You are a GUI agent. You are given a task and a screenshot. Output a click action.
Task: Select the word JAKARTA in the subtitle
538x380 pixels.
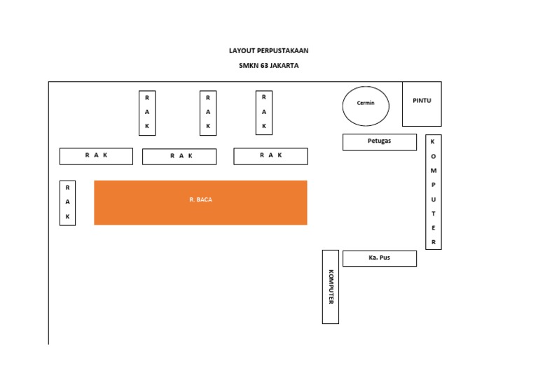284,66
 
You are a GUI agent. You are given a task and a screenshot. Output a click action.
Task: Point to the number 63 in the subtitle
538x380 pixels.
263,66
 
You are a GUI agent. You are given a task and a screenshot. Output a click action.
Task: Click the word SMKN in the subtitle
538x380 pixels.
248,66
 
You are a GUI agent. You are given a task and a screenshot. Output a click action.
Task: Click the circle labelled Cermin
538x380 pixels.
366,106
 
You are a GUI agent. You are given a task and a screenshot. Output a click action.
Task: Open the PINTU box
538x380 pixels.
422,104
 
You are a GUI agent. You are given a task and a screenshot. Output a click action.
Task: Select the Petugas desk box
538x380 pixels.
380,142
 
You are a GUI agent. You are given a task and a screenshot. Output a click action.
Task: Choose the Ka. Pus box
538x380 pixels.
380,258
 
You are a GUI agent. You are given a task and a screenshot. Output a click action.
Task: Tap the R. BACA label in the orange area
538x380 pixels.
200,200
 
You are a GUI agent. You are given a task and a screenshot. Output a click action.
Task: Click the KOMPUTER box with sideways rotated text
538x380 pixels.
331,287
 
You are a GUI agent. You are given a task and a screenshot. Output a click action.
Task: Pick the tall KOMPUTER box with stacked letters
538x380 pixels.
434,192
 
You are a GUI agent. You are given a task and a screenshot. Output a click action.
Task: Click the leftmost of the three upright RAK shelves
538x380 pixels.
147,113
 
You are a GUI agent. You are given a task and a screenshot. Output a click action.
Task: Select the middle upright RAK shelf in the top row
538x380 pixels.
208,113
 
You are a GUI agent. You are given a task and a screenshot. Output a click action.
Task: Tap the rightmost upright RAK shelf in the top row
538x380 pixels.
264,113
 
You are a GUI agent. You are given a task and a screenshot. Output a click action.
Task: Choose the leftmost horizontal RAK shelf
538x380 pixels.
96,156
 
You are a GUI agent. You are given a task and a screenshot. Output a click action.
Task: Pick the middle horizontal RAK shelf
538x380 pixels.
179,157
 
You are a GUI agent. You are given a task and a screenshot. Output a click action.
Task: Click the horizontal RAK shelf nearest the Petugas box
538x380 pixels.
270,156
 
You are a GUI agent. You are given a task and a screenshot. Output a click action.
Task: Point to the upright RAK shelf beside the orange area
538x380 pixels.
67,203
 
